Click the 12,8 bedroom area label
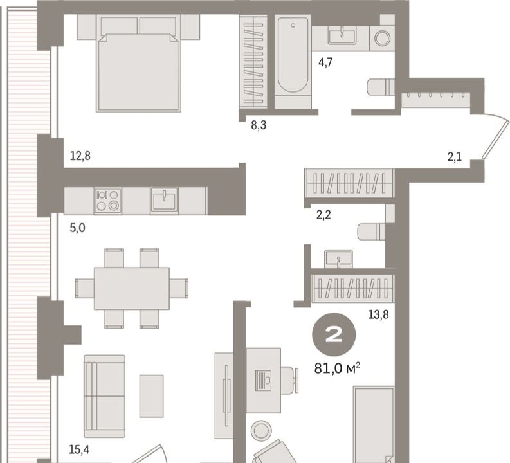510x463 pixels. click(x=80, y=156)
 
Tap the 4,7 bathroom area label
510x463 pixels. click(x=325, y=62)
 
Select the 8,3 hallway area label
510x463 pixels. click(x=259, y=125)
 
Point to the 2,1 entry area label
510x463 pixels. click(x=455, y=158)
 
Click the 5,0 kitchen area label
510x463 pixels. click(x=77, y=228)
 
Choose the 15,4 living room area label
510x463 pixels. click(x=79, y=449)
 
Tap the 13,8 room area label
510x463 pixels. click(x=378, y=314)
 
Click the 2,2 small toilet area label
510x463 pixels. click(x=323, y=215)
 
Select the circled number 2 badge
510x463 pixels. click(x=334, y=335)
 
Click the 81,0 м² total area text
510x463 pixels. click(x=337, y=368)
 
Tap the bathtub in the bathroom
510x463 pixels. click(x=293, y=62)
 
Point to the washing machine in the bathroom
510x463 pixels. click(x=382, y=38)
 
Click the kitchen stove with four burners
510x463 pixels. click(x=108, y=201)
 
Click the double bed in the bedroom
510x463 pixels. click(x=138, y=64)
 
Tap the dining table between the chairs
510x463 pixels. click(x=132, y=288)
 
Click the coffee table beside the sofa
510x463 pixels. click(x=152, y=396)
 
